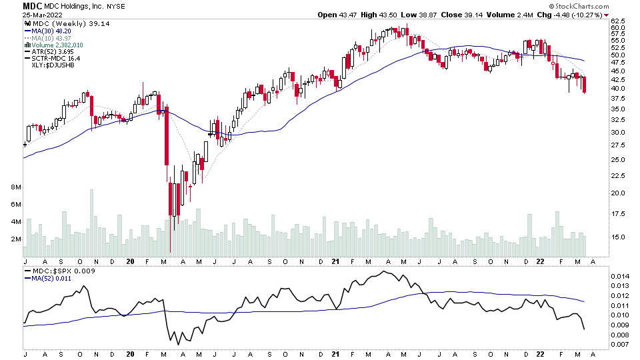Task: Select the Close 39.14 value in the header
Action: (x=451, y=15)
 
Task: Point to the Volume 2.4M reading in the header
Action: (x=495, y=15)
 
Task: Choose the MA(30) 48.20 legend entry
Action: (x=50, y=31)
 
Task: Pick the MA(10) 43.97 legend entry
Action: (x=50, y=38)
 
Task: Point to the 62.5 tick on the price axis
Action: (x=618, y=21)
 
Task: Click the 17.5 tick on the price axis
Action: (x=618, y=214)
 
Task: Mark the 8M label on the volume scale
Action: (x=16, y=187)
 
